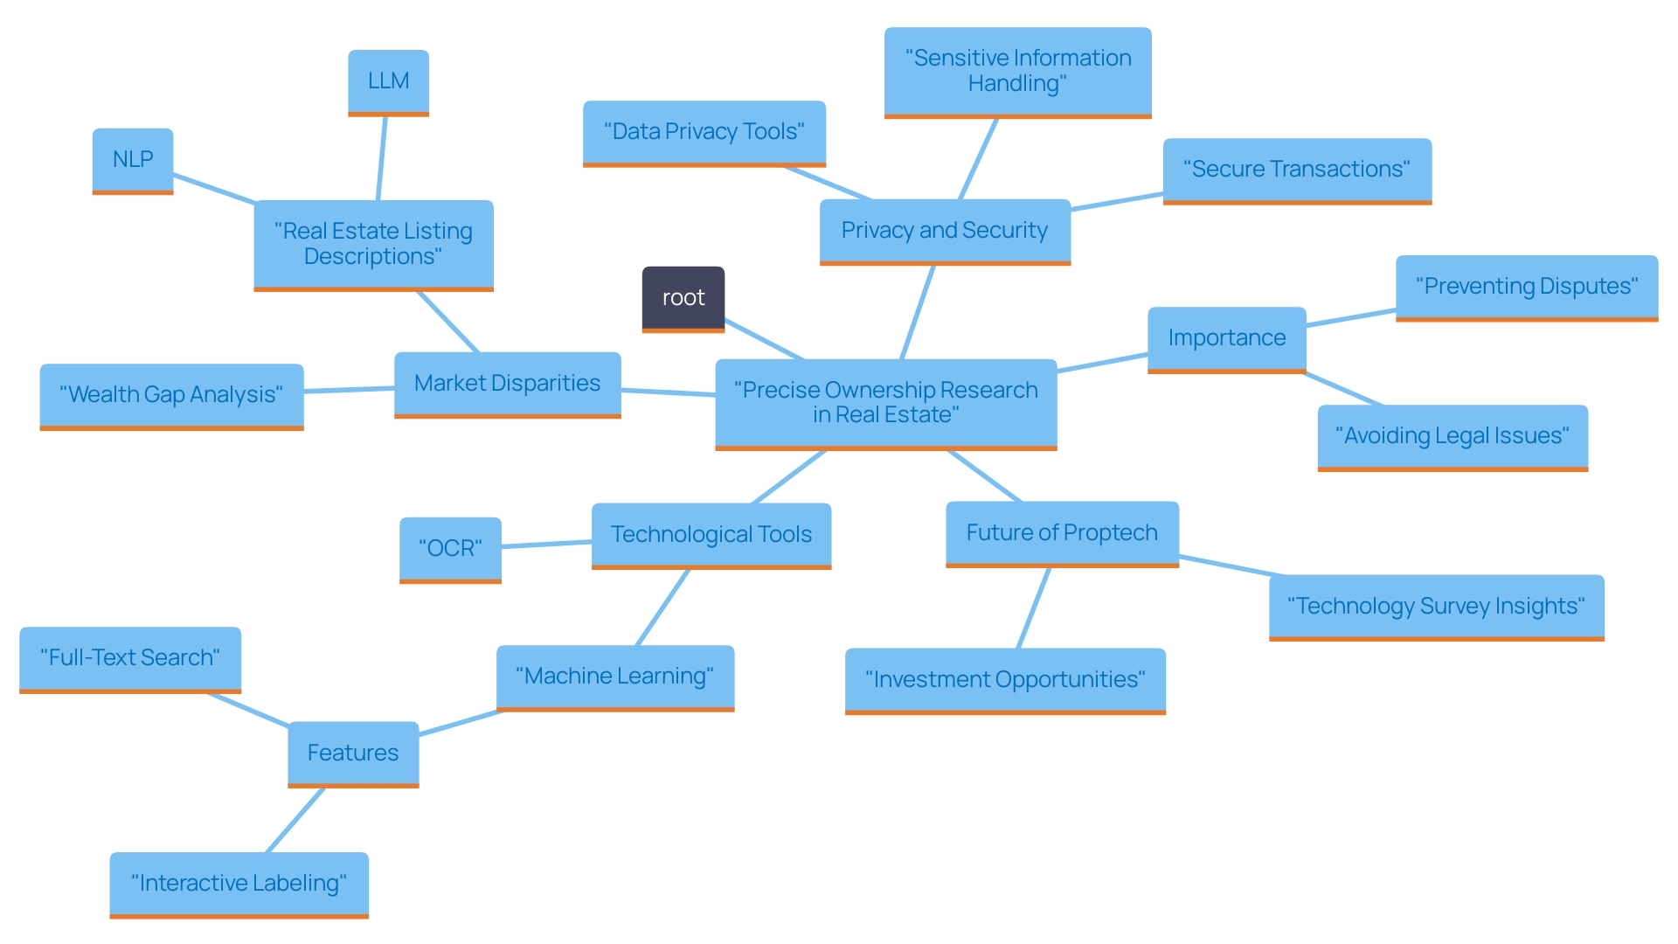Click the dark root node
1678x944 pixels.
pos(683,298)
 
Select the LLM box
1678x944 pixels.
pos(388,81)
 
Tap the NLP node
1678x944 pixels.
pos(133,160)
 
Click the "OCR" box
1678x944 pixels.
pos(450,548)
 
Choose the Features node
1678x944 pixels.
pos(353,753)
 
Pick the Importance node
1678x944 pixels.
pos(1226,338)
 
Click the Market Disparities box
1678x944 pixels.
pos(507,384)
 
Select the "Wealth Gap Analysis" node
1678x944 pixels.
pos(171,395)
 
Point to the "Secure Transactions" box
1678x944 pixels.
pos(1296,170)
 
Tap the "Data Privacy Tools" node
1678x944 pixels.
pos(704,132)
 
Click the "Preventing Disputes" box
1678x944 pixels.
pos(1526,287)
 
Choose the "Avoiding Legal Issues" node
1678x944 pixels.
pos(1452,436)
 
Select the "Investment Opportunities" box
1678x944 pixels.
pos(1004,680)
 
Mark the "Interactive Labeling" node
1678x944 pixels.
pos(239,884)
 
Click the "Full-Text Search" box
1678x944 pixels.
pos(130,658)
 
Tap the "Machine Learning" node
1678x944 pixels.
pos(614,677)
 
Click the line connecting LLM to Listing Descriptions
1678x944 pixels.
pos(382,158)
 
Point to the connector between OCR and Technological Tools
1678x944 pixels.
pos(546,545)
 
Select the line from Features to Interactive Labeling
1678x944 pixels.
pos(295,820)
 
